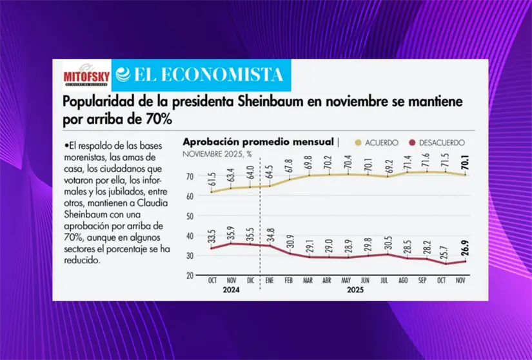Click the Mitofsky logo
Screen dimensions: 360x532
[x=82, y=73]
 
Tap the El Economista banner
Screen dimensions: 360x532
[x=201, y=74]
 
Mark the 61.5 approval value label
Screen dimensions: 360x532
[x=212, y=179]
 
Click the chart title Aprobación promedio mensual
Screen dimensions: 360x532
[x=259, y=141]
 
